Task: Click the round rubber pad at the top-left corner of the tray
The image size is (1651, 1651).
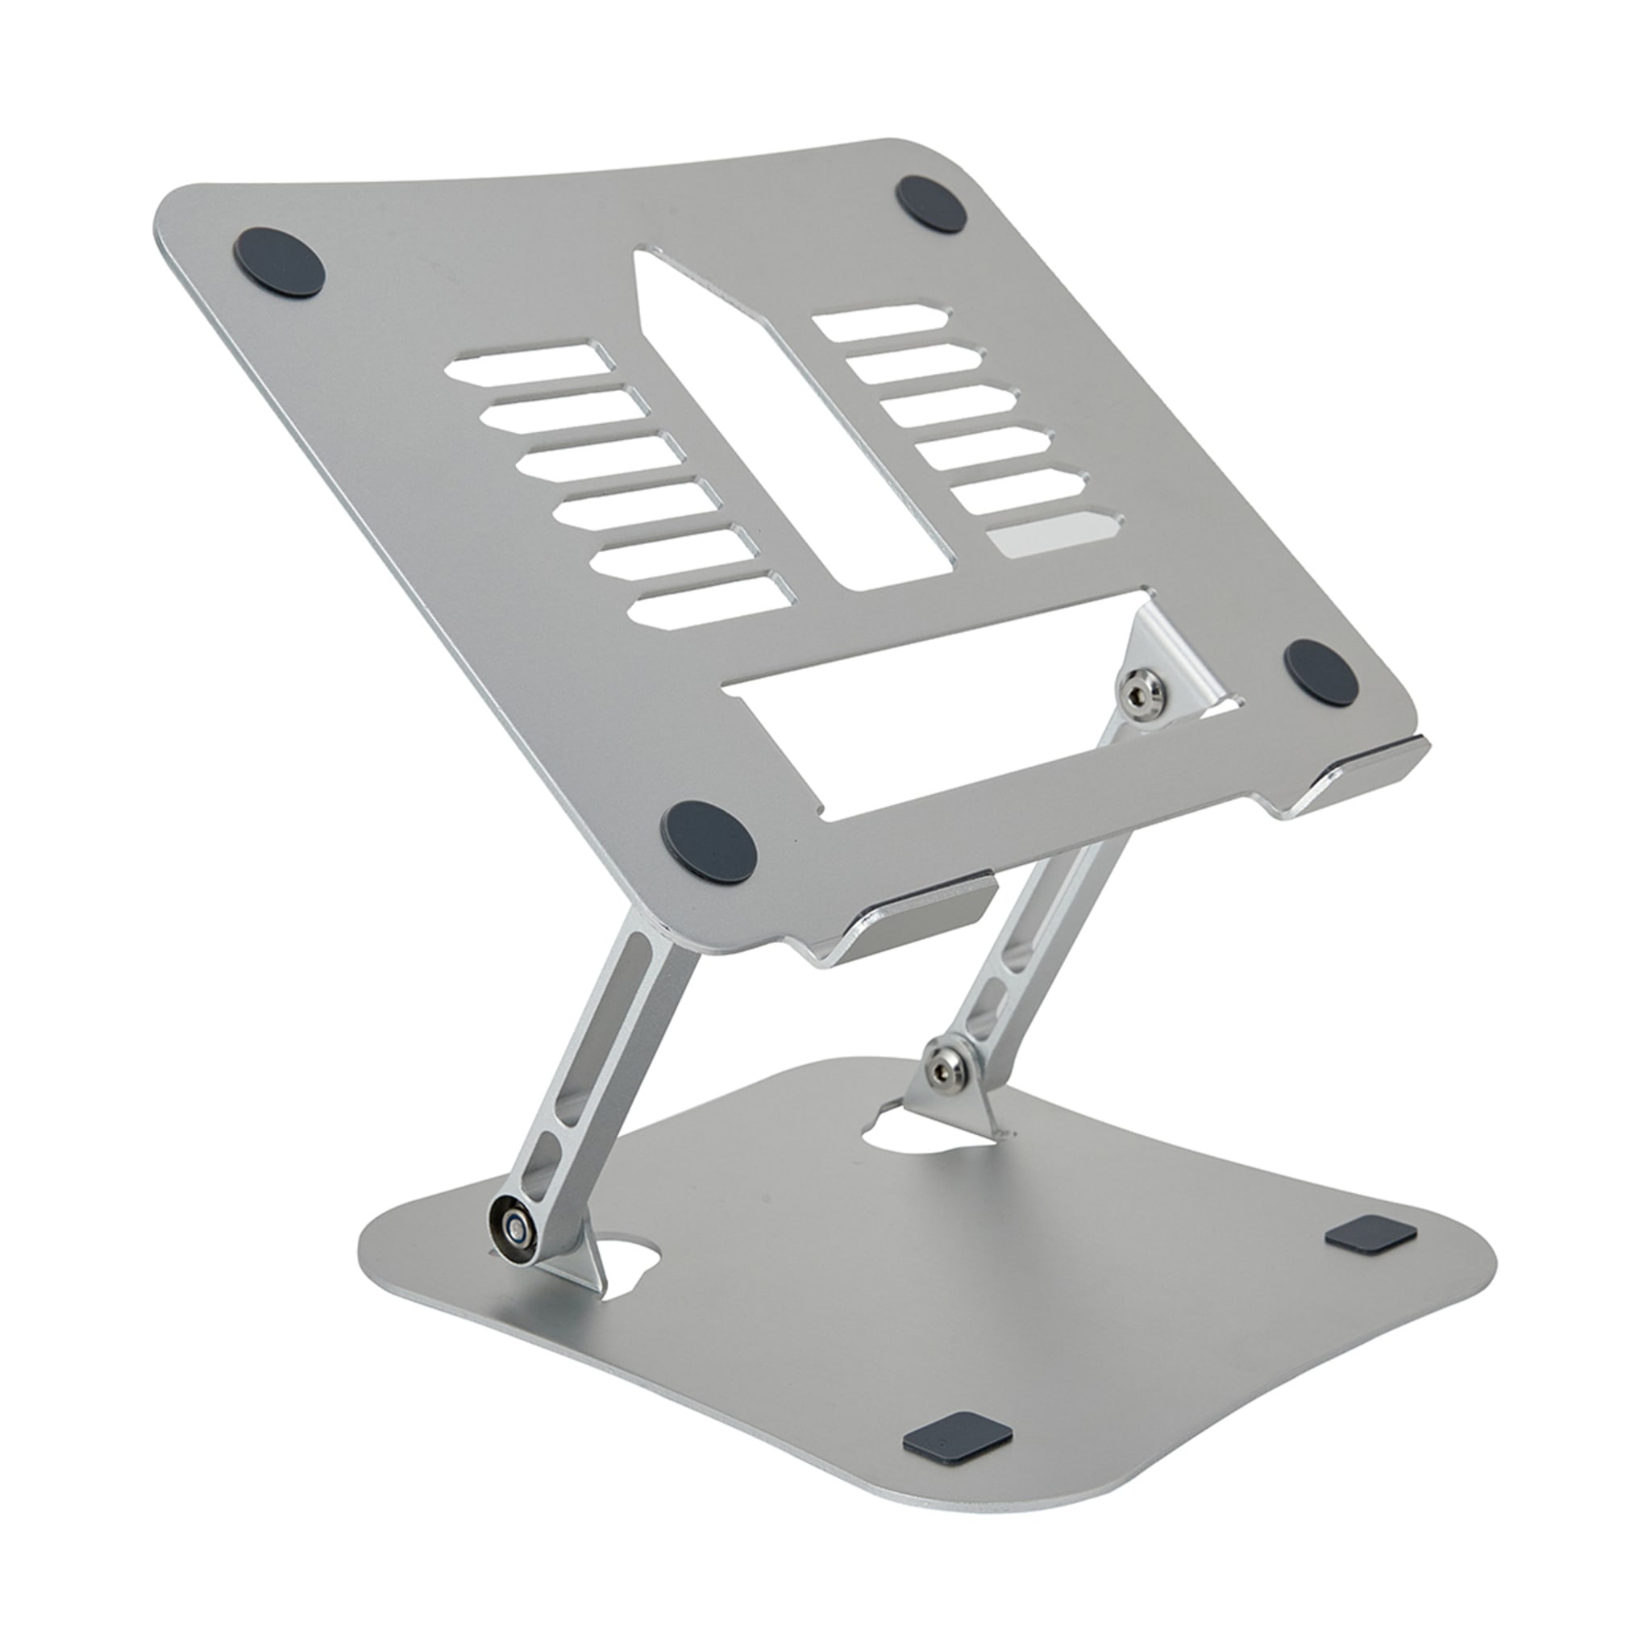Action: (x=279, y=262)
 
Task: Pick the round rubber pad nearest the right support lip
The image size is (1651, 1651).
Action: (x=1323, y=672)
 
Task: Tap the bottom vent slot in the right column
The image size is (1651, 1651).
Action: (x=1053, y=535)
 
